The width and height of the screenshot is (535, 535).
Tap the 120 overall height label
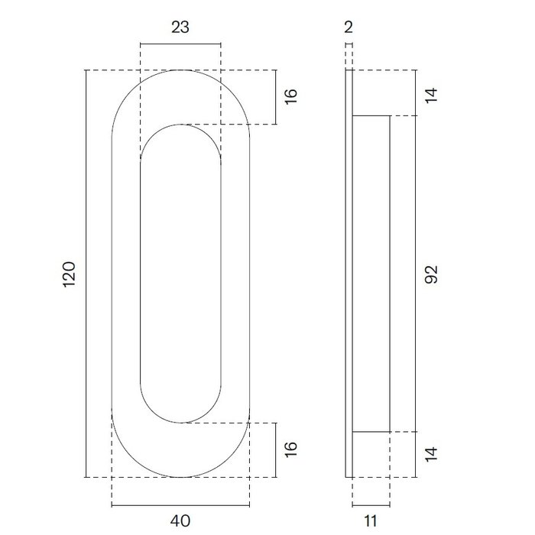click(x=68, y=274)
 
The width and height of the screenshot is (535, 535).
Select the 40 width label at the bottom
click(x=180, y=521)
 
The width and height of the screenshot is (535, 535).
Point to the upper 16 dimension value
click(x=290, y=96)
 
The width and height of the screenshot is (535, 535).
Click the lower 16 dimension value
click(x=290, y=449)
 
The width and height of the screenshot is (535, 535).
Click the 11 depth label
click(x=371, y=521)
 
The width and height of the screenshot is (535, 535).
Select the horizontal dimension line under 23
click(x=180, y=44)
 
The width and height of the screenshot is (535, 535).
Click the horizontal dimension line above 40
click(x=180, y=505)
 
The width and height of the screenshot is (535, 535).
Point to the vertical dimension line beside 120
click(x=86, y=274)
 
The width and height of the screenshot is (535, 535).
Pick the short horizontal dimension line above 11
click(x=371, y=505)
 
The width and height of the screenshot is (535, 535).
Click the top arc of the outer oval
click(x=180, y=70)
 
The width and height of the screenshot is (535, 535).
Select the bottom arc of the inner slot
click(x=180, y=422)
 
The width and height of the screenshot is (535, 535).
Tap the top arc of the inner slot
click(x=180, y=125)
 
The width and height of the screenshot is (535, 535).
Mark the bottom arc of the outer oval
click(x=180, y=477)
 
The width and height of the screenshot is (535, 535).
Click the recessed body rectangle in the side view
click(x=372, y=274)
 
